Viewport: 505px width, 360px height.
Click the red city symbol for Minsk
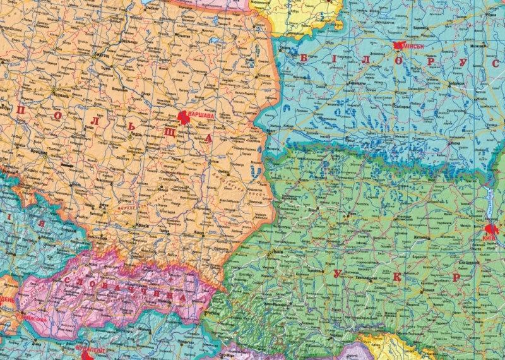point(398,45)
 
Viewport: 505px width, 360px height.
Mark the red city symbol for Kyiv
point(490,229)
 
